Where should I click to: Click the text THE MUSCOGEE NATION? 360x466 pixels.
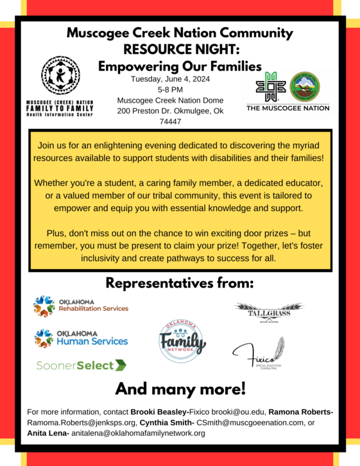pos(287,108)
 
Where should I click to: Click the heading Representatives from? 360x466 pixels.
pos(180,283)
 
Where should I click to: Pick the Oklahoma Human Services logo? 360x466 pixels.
pos(81,338)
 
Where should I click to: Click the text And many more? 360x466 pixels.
pos(180,388)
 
